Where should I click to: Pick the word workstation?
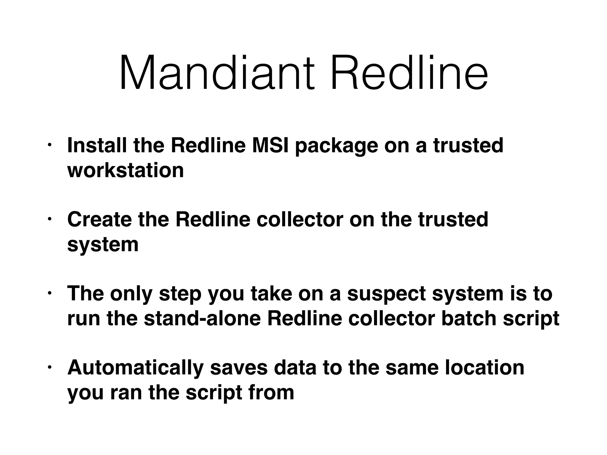[x=126, y=170]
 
